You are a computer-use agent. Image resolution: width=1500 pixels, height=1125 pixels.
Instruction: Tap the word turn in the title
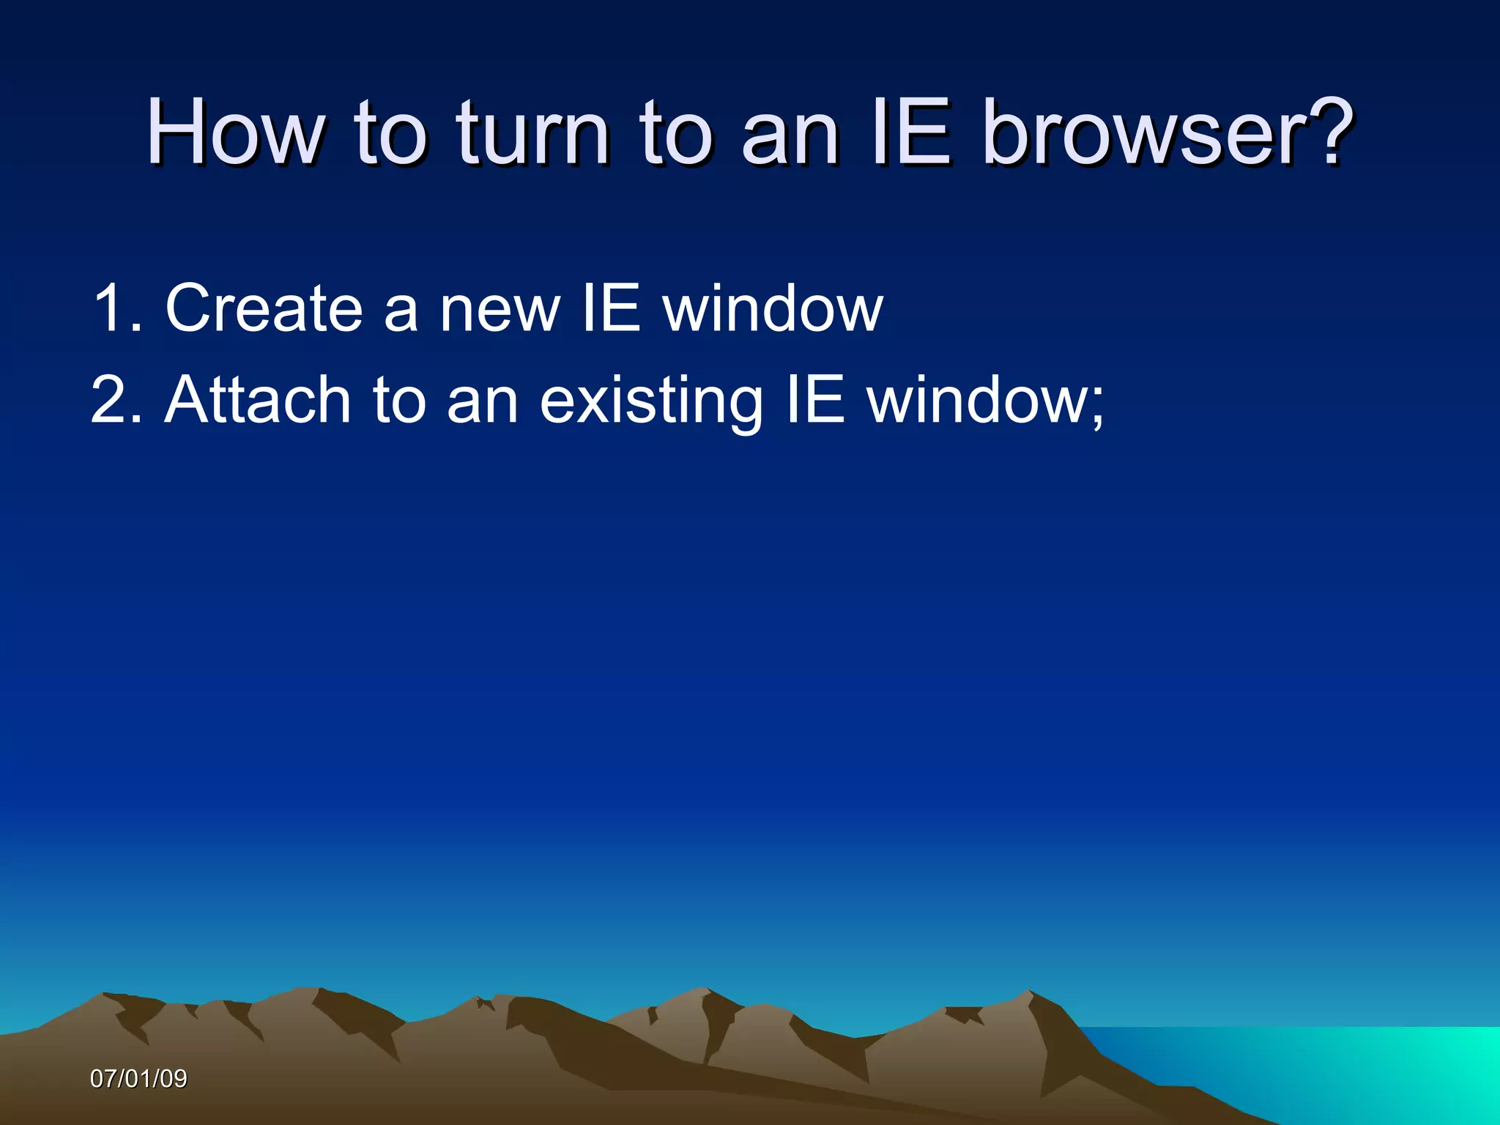[534, 133]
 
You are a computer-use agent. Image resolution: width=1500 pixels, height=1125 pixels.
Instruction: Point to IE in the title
[912, 133]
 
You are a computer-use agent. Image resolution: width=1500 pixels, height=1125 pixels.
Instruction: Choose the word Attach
[258, 401]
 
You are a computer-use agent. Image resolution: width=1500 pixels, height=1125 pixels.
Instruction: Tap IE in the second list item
[815, 401]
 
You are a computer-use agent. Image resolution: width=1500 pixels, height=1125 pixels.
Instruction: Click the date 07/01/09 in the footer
[138, 1079]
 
